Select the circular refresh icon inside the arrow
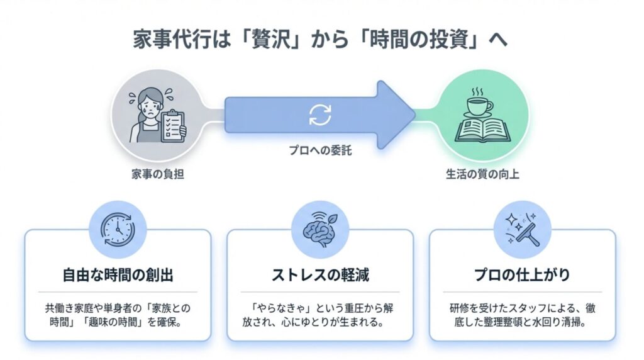[x=319, y=114]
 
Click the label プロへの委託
[x=319, y=152]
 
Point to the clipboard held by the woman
[x=173, y=126]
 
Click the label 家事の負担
[x=154, y=174]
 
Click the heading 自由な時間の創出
[x=117, y=275]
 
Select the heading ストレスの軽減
[x=319, y=275]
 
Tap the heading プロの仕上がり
[x=522, y=275]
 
